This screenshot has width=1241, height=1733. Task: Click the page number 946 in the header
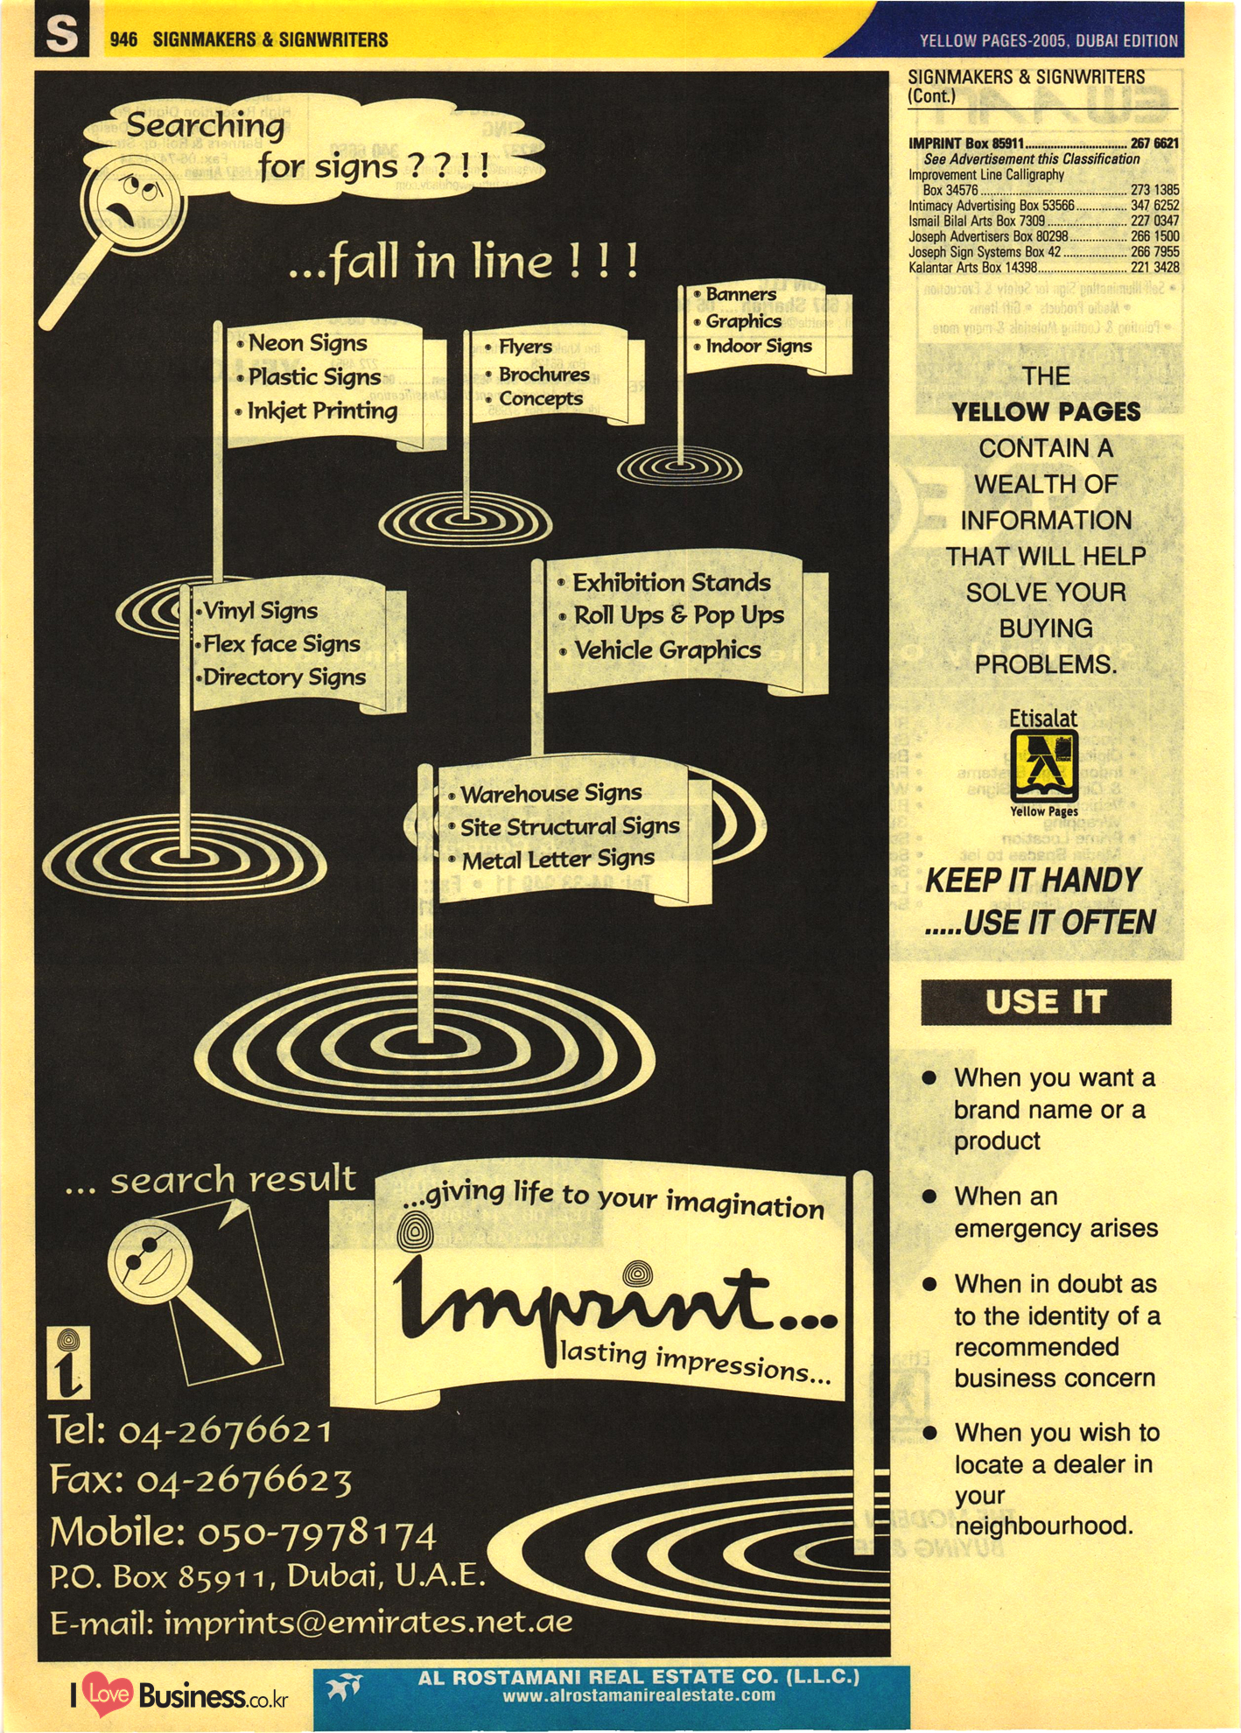click(123, 39)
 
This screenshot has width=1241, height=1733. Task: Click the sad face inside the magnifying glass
click(131, 201)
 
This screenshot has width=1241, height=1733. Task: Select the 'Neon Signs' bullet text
click(307, 343)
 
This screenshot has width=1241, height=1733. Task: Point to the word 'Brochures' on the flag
click(543, 374)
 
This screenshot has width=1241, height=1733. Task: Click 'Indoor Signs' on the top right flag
click(759, 347)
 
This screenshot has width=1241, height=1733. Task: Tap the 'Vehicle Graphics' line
click(667, 650)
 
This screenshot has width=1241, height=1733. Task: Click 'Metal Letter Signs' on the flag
click(557, 860)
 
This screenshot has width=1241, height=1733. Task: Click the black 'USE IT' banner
click(1046, 1001)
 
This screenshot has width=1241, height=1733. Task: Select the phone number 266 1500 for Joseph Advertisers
click(1154, 236)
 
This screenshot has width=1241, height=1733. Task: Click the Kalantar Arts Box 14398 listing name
click(972, 268)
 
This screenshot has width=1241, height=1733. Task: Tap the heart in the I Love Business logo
click(109, 1694)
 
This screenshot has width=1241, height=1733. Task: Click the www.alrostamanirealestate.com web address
click(639, 1695)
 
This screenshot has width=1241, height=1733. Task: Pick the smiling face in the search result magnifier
click(151, 1259)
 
